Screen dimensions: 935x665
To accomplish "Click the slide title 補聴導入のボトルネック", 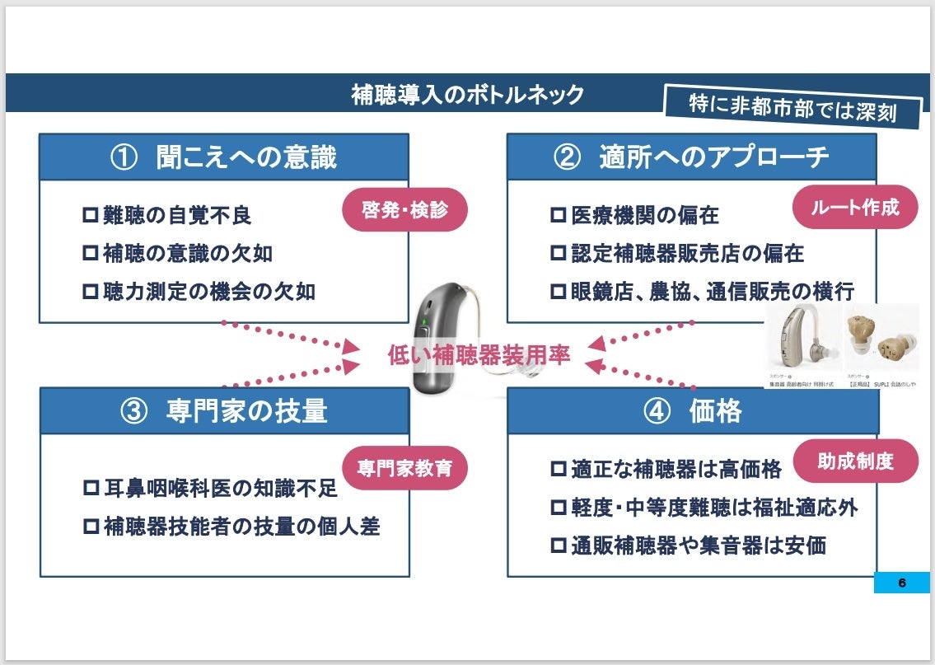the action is coord(467,95).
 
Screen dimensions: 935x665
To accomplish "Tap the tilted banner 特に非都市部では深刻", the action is coord(792,107).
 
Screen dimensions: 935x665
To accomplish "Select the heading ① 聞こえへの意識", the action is coord(224,157).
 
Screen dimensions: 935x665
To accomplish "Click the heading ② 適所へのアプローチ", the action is coord(692,157).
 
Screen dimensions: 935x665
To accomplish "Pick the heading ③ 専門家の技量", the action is coord(224,411).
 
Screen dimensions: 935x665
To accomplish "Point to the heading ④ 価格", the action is coord(692,411).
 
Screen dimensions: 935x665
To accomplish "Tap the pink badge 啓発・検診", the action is coord(404,210).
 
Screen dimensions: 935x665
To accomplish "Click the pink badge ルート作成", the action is coord(855,207).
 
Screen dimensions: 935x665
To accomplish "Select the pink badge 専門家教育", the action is coord(404,467).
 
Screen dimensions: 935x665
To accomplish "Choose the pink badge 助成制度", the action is coord(855,461).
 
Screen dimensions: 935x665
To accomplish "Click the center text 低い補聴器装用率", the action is coord(479,355).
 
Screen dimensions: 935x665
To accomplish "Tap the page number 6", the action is coord(901,583).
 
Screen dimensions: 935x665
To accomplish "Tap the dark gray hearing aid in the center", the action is coord(441,338).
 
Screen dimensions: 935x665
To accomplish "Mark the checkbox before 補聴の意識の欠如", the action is coord(91,254).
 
